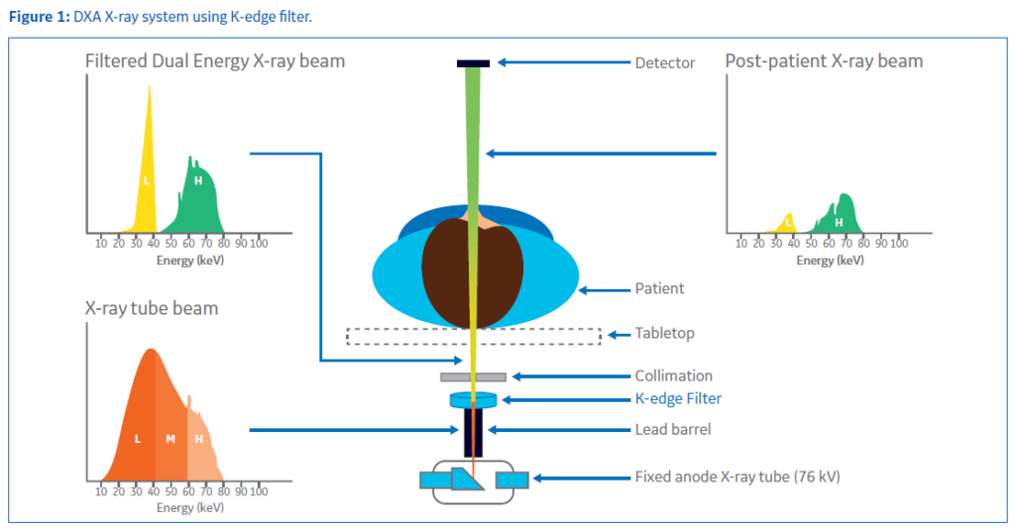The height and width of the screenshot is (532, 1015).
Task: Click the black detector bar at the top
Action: pos(473,63)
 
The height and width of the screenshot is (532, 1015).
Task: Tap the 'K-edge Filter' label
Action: pos(678,398)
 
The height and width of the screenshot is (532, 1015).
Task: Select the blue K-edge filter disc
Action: pos(473,400)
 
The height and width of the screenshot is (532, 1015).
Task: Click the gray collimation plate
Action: pos(473,376)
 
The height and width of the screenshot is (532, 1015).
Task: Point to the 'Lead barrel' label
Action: pos(673,430)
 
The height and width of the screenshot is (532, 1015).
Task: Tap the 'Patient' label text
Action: pos(659,288)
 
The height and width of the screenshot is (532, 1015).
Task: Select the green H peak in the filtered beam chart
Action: pos(194,201)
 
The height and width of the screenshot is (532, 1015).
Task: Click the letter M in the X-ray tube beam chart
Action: pos(170,439)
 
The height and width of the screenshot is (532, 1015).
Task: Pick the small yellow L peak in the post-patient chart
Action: pos(785,225)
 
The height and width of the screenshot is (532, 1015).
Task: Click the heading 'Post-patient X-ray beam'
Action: pos(824,61)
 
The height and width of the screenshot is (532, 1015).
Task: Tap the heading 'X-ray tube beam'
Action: pos(152,308)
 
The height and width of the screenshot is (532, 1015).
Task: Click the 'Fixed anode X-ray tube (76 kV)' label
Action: pos(737,477)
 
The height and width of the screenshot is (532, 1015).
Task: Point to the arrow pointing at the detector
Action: pos(564,62)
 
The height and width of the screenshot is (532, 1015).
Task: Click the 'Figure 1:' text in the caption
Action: pos(39,17)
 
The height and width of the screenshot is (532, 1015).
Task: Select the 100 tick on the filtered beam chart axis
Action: pos(259,244)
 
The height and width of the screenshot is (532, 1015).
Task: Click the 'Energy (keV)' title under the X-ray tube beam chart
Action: pos(190,508)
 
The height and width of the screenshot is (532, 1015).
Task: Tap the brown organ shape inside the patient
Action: pos(472,273)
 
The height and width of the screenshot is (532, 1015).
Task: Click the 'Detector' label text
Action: pos(665,62)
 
